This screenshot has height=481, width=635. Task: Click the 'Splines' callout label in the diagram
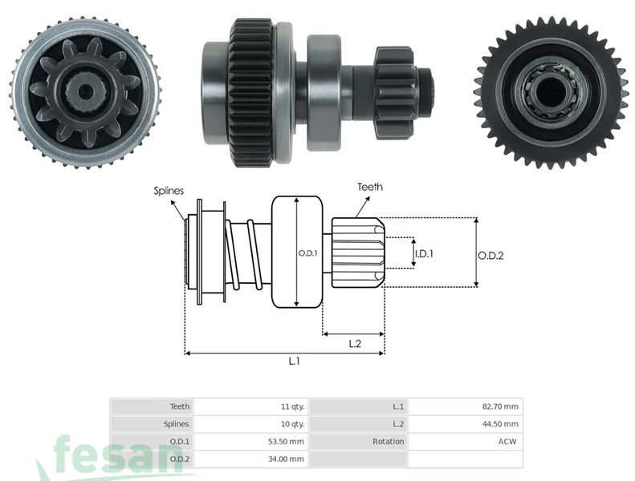coord(169,191)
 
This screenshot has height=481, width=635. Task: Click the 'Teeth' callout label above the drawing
coord(369,187)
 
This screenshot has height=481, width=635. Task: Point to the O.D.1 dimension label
coord(308,253)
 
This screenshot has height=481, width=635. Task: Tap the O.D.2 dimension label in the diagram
coord(490,256)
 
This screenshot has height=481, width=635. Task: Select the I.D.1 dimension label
coord(424,253)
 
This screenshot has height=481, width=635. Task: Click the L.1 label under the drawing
coord(295,362)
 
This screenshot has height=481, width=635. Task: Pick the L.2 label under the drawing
coord(355,343)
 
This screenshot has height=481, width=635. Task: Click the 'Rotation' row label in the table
coord(388,442)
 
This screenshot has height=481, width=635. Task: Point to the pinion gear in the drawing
coord(358,252)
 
